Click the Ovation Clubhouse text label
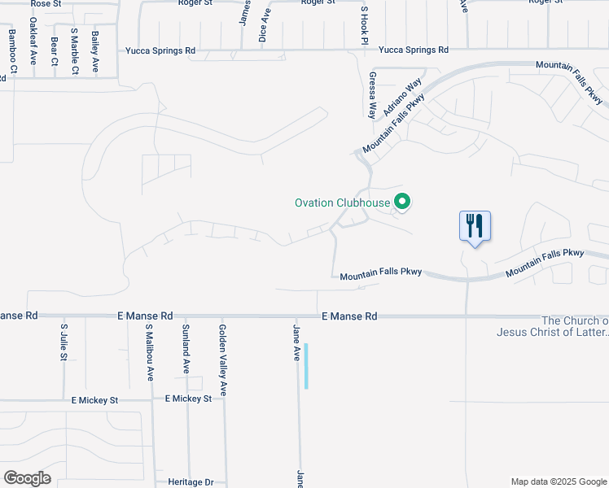(x=342, y=202)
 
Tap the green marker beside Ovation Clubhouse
(x=401, y=201)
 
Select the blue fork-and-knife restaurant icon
(x=475, y=225)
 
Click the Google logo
(x=27, y=477)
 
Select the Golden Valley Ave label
(x=222, y=359)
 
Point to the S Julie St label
(x=64, y=342)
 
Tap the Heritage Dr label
(x=191, y=482)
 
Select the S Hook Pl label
(x=365, y=25)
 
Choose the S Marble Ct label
(x=74, y=51)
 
